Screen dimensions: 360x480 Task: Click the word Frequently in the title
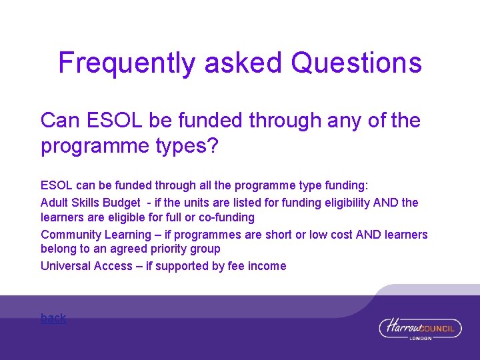(x=127, y=63)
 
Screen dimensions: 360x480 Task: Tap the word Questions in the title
(x=357, y=63)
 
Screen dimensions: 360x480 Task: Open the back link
(x=53, y=318)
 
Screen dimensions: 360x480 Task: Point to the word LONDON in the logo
(x=420, y=338)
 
